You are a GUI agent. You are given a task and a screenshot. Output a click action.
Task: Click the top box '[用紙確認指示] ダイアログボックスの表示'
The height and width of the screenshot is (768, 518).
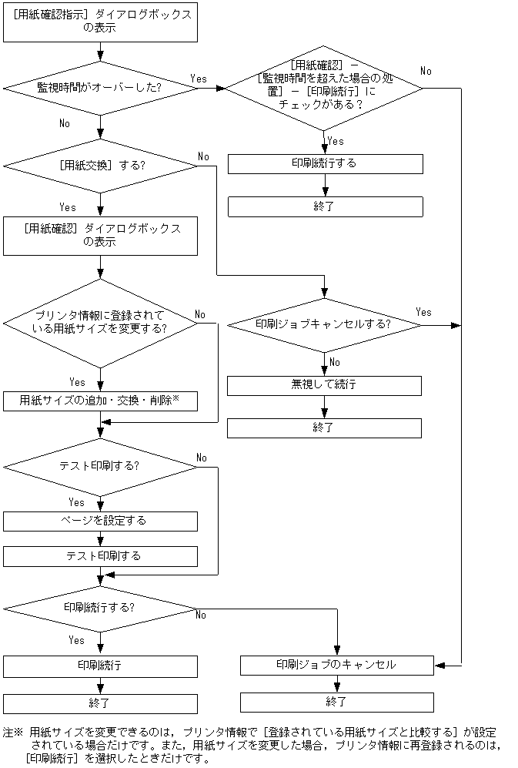click(101, 22)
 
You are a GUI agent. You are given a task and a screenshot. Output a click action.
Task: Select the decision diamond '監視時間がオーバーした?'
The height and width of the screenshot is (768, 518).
click(101, 88)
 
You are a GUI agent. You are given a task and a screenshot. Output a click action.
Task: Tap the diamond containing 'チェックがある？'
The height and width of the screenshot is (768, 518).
click(323, 87)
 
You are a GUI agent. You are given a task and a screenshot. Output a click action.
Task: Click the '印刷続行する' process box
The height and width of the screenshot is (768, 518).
click(325, 163)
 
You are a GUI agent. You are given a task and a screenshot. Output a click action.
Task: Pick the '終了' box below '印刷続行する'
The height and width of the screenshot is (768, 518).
click(325, 206)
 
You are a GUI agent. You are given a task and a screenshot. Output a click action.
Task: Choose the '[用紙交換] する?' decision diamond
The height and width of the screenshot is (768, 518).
click(101, 166)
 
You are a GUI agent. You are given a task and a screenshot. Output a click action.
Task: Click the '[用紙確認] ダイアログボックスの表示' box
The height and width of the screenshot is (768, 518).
click(101, 236)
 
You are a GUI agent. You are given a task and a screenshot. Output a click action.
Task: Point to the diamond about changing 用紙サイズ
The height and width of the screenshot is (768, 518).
click(101, 322)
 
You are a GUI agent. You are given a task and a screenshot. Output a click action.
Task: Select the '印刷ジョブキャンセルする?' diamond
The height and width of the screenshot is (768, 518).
click(324, 324)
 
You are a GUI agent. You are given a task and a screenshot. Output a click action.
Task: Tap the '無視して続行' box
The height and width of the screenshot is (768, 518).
click(324, 385)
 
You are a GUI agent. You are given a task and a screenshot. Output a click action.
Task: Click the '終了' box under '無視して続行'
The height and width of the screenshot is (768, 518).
click(324, 428)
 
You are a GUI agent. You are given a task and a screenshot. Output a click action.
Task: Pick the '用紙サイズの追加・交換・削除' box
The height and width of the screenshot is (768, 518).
click(101, 401)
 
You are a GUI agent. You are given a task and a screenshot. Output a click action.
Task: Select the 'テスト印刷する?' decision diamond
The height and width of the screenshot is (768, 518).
click(101, 467)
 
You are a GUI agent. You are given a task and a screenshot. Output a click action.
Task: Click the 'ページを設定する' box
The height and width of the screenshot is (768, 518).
click(101, 521)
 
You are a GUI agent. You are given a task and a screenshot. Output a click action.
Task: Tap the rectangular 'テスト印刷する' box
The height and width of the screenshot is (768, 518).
click(101, 556)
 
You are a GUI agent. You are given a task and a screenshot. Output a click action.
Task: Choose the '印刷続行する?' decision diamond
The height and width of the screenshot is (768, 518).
click(101, 608)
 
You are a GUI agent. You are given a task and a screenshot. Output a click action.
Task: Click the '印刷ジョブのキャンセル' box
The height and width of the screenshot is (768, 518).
click(336, 665)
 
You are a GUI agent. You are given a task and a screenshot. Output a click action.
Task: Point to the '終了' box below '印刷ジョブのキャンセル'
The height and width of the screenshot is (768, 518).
click(336, 702)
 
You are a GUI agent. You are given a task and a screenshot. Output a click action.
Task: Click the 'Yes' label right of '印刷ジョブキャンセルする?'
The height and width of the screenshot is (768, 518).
click(423, 312)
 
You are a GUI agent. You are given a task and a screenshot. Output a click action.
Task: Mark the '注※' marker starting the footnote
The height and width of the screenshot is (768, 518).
click(14, 733)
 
